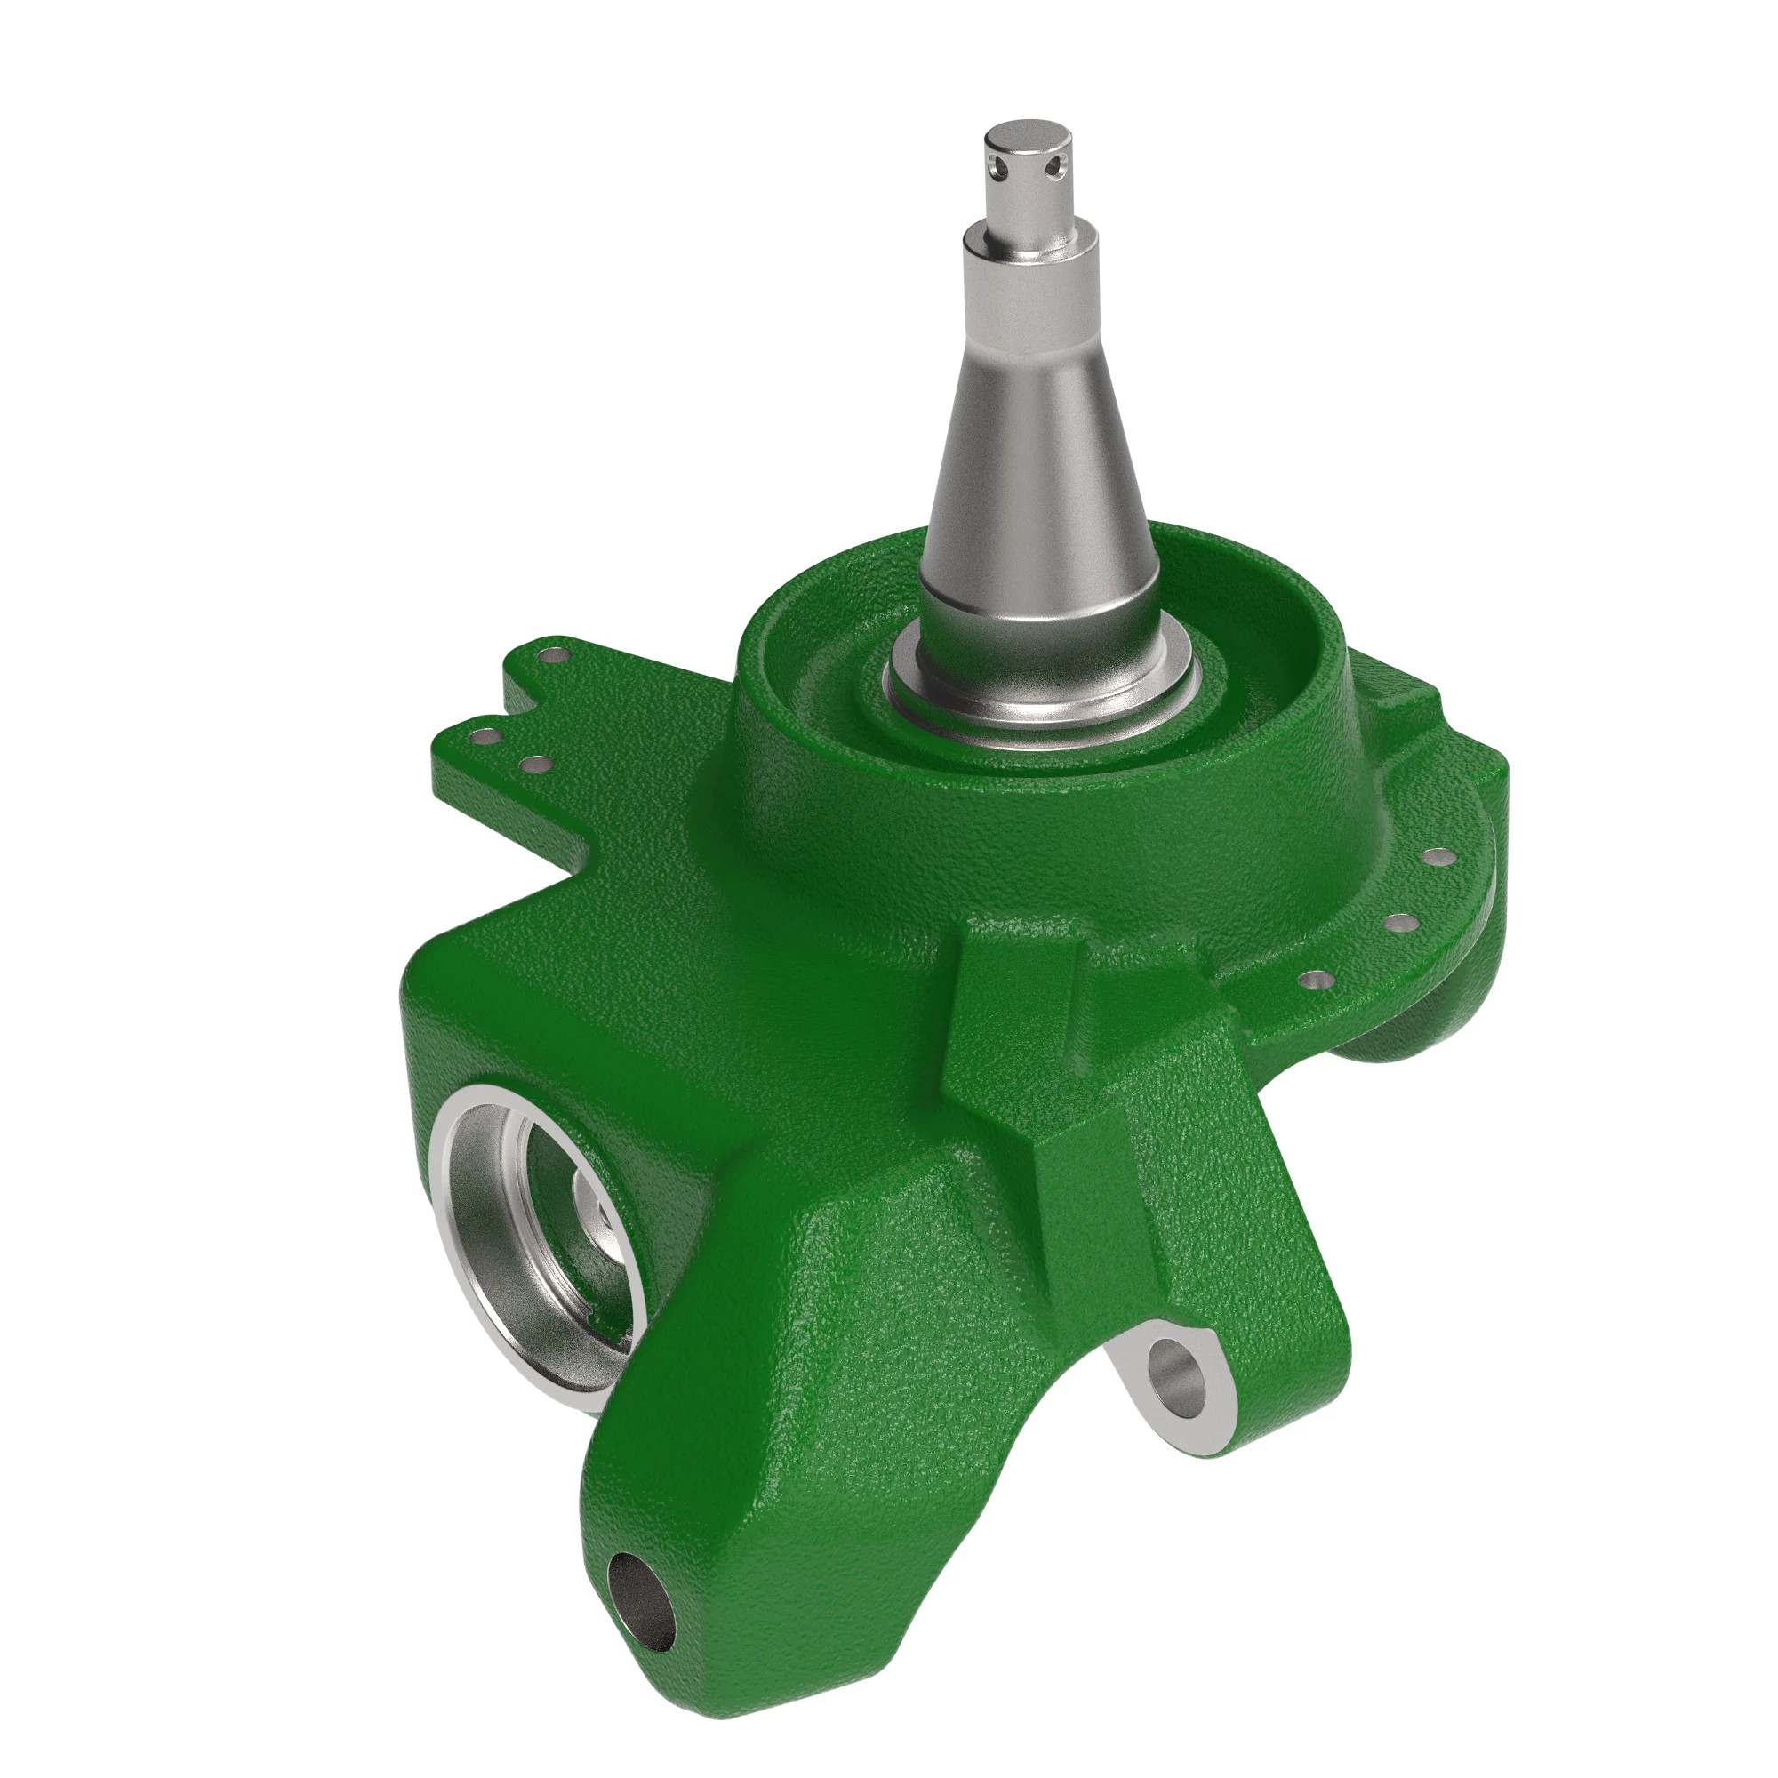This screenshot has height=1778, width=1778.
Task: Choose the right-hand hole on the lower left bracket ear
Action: (531, 763)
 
